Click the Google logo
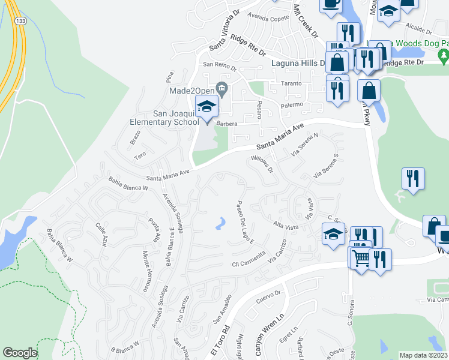click(20, 353)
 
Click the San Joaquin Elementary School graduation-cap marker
click(206, 107)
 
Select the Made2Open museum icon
click(222, 90)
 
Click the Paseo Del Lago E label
click(245, 223)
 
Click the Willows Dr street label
click(262, 164)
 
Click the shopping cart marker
click(361, 258)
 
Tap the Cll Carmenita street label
click(249, 262)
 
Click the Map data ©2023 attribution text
click(424, 355)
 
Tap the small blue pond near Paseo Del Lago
click(221, 224)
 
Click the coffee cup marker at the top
click(330, 5)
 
